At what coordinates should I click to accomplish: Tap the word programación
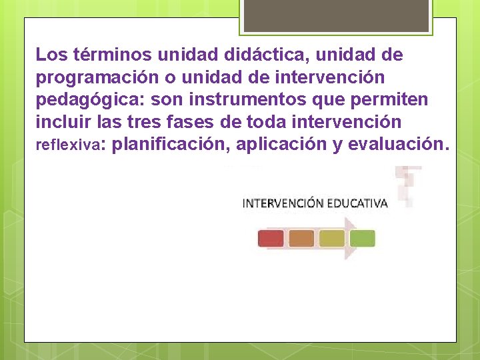[97, 78]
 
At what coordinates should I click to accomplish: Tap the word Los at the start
[50, 55]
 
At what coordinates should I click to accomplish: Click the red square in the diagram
[271, 239]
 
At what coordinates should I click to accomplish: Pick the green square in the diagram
[363, 239]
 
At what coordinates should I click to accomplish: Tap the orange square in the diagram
[301, 239]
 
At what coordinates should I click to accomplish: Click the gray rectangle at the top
[336, 15]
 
